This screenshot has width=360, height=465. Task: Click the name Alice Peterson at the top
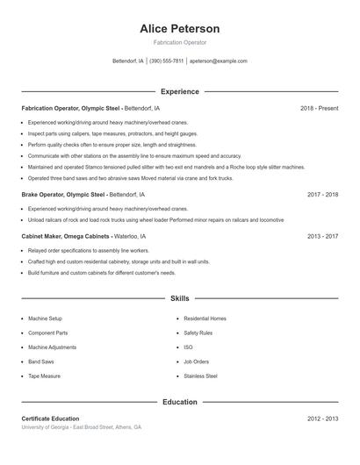click(180, 29)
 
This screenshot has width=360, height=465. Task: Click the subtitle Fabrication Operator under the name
click(180, 43)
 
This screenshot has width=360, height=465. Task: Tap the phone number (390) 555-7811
click(166, 61)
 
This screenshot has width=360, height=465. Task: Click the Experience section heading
click(180, 91)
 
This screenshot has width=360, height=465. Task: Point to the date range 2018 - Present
click(319, 108)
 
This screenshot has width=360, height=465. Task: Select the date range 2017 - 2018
click(323, 195)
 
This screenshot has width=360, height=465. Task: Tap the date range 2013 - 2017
click(323, 236)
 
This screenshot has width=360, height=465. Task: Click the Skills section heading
click(180, 298)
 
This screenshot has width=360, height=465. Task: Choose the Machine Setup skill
click(45, 318)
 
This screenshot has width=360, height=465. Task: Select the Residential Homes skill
click(205, 318)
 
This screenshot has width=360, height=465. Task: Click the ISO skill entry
click(188, 347)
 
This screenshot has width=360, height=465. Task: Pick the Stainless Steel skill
click(200, 376)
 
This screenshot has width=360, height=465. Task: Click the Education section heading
click(180, 402)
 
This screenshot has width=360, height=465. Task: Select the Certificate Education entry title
click(50, 418)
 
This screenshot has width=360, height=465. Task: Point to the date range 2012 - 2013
click(323, 418)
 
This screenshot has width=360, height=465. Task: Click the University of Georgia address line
click(81, 427)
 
